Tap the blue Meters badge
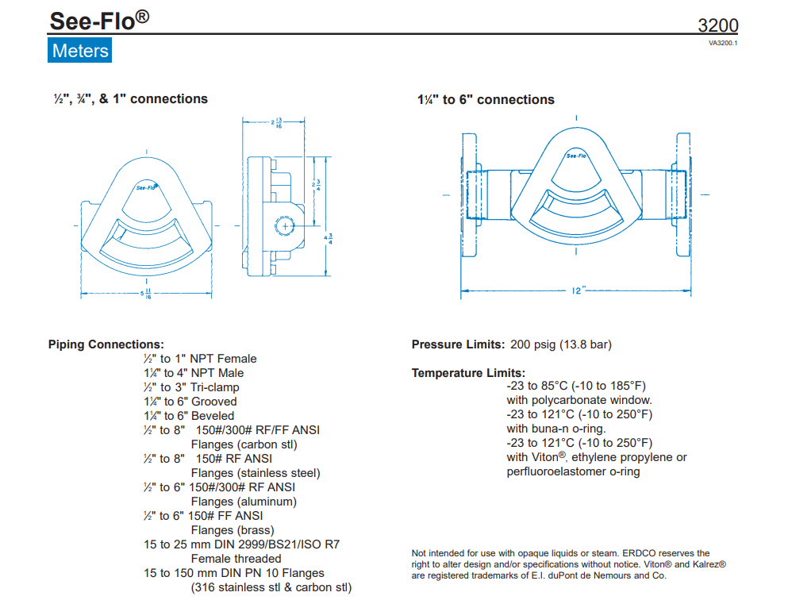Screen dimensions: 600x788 coord(79,51)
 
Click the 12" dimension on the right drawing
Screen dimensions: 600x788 coord(578,290)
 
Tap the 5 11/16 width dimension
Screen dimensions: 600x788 coord(147,294)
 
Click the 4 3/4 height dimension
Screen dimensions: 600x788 coord(329,237)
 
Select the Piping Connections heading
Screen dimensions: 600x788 coord(106,344)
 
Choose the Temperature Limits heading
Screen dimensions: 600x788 coord(468,373)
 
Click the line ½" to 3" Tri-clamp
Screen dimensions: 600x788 coord(191,387)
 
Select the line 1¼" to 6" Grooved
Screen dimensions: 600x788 coord(190,402)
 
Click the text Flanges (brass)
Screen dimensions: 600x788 coord(233,530)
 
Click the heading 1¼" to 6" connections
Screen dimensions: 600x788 coord(486,100)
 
